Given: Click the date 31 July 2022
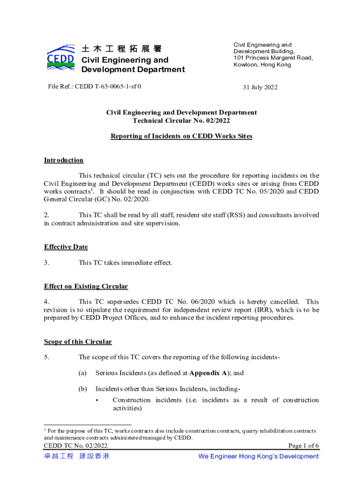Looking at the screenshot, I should coord(260,87).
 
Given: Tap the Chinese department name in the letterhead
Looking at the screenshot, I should coord(122,49).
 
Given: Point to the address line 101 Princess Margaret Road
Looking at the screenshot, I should coord(273,58).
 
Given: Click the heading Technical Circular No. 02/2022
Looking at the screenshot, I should coord(181,120).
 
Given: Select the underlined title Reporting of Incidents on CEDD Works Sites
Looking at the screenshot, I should coord(181,136).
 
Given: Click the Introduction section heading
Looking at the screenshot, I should coord(64,160).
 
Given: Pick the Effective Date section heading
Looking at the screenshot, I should coord(66,247).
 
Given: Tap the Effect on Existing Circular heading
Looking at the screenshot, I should coord(86,286).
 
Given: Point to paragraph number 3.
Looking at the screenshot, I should coord(47,263).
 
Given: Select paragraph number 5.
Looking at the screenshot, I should coord(47,357).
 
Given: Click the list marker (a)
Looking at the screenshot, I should coord(82,373).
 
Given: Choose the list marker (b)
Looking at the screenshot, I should coord(82,389).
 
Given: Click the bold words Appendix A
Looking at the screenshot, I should coord(209,373).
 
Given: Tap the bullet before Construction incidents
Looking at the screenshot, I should coord(97,400).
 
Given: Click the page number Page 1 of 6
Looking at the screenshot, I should coord(303,446).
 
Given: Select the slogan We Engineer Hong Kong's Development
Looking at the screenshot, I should coord(258,456).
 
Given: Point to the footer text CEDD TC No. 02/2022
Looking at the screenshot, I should coord(75,446).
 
